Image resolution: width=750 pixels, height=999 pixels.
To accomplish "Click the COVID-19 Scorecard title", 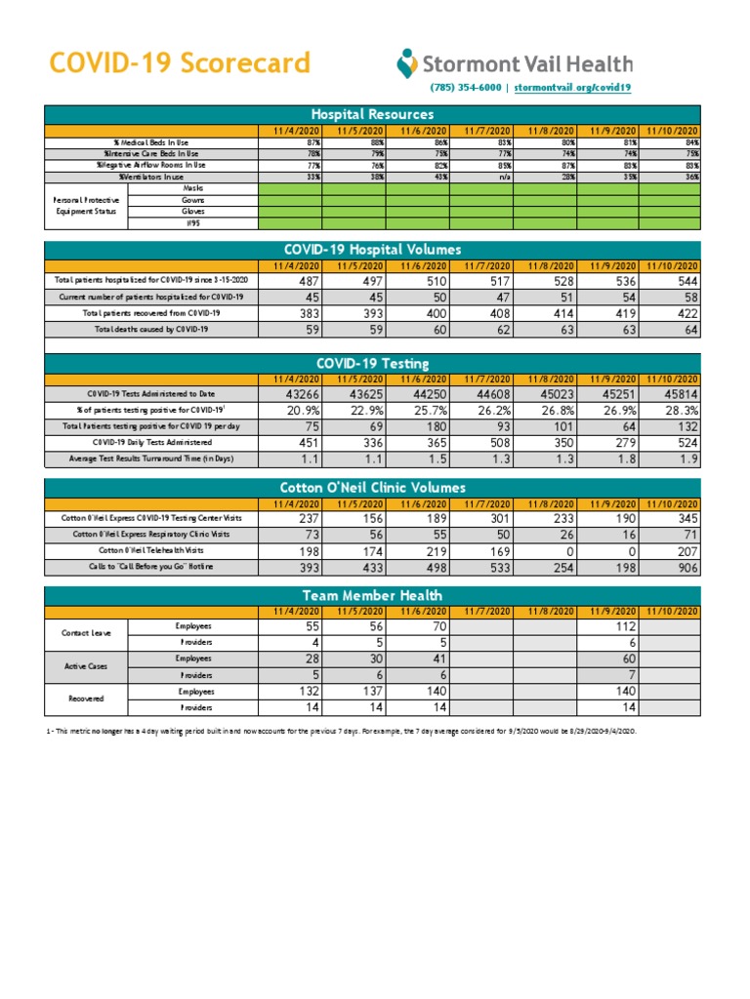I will (180, 64).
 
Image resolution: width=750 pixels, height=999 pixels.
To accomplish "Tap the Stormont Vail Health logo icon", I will (406, 64).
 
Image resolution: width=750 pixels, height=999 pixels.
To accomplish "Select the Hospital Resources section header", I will (371, 115).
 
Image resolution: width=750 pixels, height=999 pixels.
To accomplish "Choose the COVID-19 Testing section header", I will (371, 363).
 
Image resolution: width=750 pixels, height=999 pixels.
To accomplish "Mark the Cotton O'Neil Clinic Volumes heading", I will (371, 487).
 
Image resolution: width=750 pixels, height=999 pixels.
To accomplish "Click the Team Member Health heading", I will (371, 595).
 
